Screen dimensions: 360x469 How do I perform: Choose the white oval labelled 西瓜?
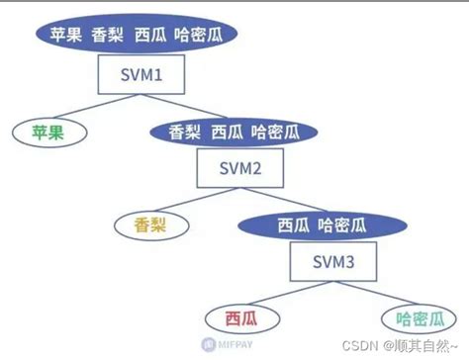(240, 318)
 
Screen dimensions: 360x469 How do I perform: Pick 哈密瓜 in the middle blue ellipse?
(275, 132)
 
